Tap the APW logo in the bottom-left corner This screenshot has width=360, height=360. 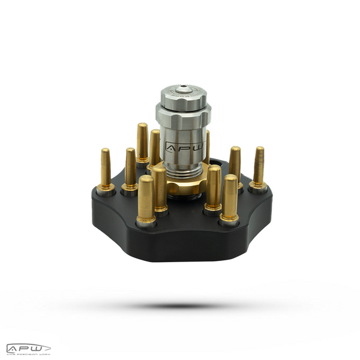[28, 347]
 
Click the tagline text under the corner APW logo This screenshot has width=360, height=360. [28, 354]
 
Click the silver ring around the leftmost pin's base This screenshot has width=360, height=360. [106, 188]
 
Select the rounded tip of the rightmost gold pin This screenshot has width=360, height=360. [260, 150]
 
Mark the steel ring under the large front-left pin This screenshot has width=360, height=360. [146, 222]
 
